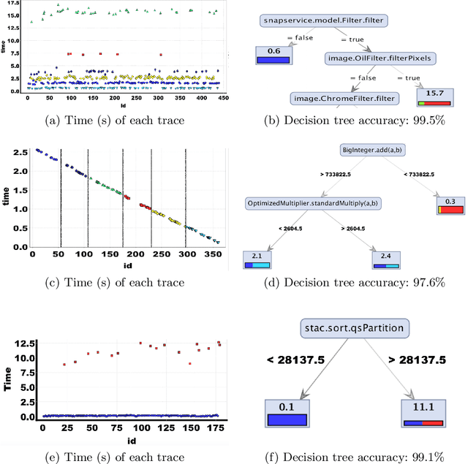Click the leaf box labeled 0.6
tap(273, 56)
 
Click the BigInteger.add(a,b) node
tap(371, 150)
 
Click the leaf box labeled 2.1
tap(257, 259)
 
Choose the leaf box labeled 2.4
tap(385, 259)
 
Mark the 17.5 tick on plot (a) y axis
tap(16, 4)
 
